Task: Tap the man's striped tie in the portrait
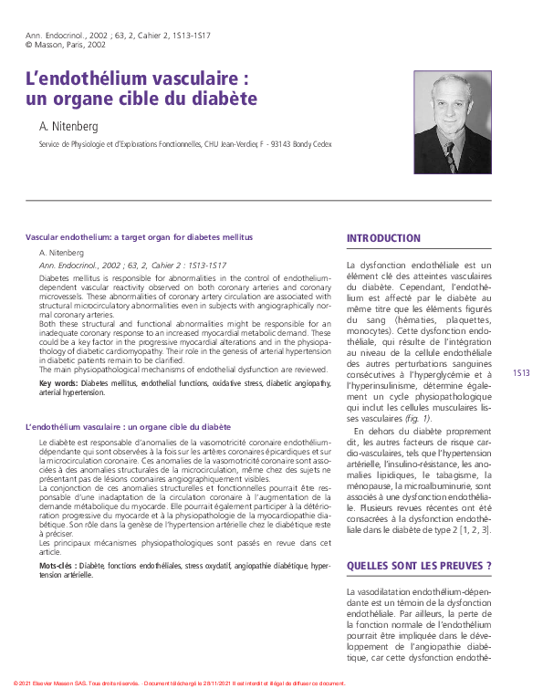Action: pyautogui.click(x=449, y=156)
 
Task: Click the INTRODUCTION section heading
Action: pyautogui.click(x=383, y=239)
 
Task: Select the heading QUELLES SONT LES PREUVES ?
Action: pyautogui.click(x=419, y=566)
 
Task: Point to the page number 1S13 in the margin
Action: pyautogui.click(x=521, y=372)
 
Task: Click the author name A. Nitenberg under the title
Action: pyautogui.click(x=67, y=126)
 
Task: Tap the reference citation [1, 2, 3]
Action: pyautogui.click(x=473, y=529)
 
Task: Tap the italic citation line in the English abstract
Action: pyautogui.click(x=133, y=265)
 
